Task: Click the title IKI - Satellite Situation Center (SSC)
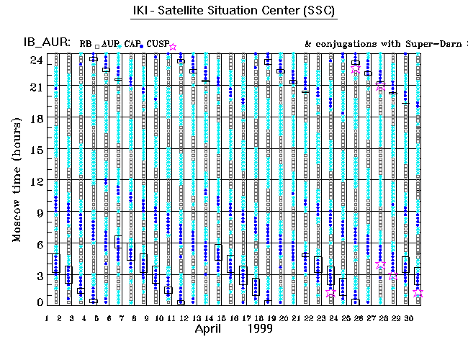click(234, 12)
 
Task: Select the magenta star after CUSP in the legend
click(173, 46)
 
